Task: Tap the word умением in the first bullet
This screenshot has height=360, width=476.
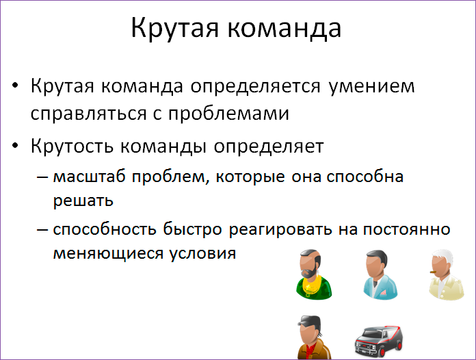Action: click(372, 88)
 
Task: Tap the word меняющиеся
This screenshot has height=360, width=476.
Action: click(105, 253)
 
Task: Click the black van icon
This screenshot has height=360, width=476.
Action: click(379, 339)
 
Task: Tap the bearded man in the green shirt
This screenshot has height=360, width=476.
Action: click(314, 274)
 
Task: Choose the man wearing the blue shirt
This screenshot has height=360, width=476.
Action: click(378, 274)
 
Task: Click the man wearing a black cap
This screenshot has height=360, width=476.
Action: click(314, 337)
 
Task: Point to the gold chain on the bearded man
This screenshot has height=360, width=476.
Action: click(311, 284)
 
